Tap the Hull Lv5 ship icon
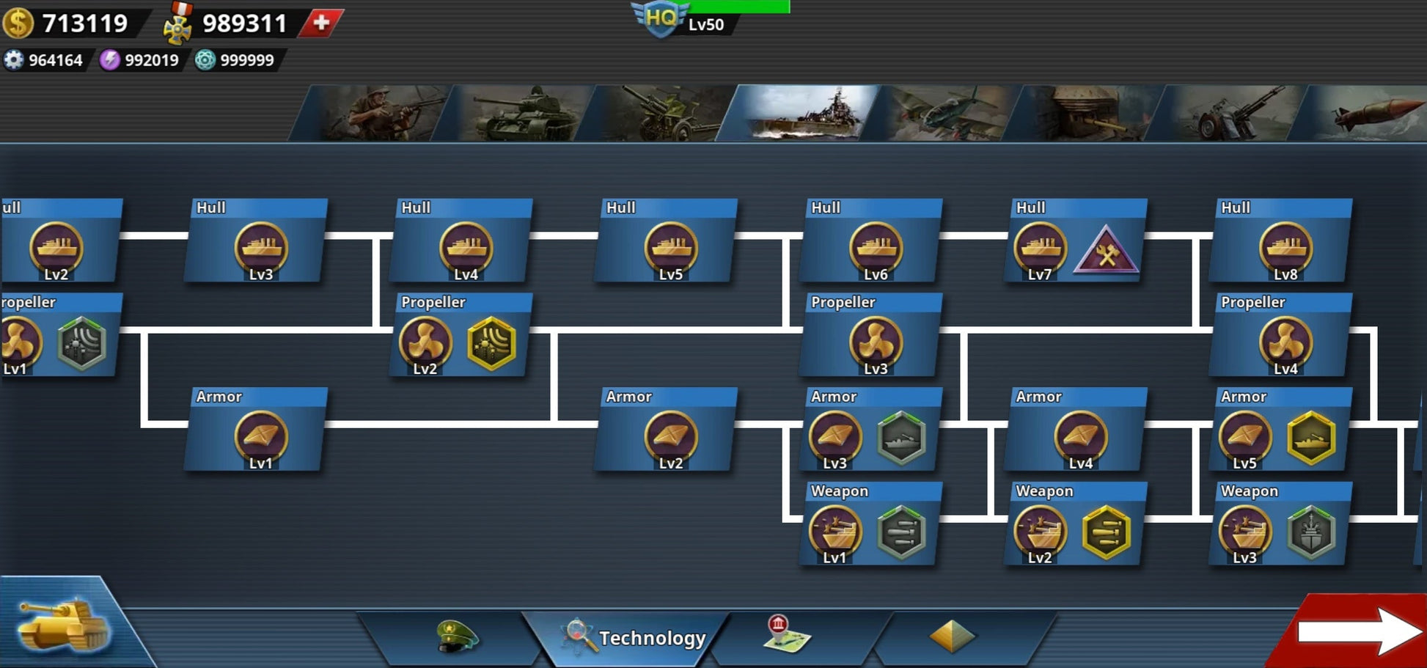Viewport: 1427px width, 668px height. [670, 248]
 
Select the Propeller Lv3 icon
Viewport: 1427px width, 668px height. [875, 342]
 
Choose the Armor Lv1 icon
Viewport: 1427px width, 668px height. [260, 437]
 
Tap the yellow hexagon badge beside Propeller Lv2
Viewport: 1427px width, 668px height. [491, 343]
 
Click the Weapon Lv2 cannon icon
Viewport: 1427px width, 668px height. [1040, 532]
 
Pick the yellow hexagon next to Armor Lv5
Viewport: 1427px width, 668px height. [1311, 438]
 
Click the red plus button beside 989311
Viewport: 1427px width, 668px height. [320, 23]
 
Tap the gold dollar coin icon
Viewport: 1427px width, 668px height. [18, 23]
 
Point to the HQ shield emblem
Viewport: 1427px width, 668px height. [661, 18]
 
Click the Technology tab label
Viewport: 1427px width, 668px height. [652, 638]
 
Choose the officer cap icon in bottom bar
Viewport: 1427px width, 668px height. [456, 635]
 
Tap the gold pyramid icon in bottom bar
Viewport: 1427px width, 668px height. [952, 636]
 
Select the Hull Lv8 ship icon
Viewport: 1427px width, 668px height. [1285, 248]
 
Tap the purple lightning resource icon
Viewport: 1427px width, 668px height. [110, 60]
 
